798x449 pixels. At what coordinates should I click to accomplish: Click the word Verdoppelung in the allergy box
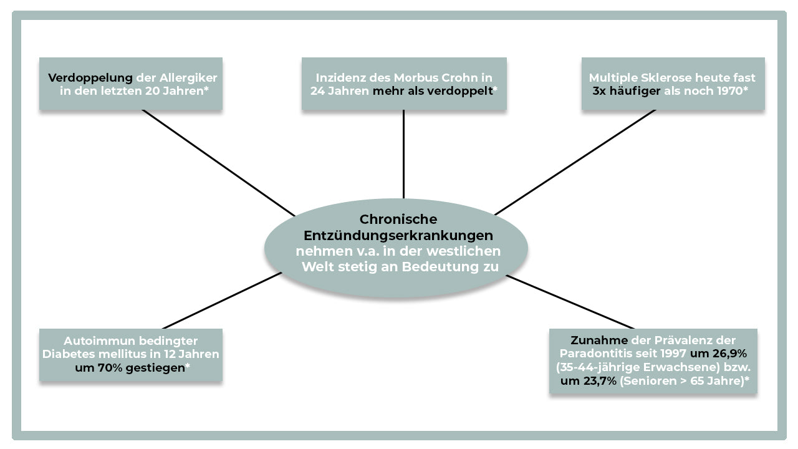click(x=90, y=79)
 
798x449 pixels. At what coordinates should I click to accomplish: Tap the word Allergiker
click(x=188, y=79)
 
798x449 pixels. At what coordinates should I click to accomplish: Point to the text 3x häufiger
click(x=627, y=92)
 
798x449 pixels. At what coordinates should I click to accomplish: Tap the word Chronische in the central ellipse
click(x=398, y=219)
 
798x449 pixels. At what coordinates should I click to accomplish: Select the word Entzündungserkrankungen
click(x=398, y=236)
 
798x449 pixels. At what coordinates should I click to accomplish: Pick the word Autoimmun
click(x=99, y=341)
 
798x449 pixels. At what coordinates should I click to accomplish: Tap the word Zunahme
click(x=599, y=340)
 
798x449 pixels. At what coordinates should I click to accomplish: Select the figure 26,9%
click(x=729, y=354)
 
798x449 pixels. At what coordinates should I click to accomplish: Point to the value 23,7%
click(x=600, y=381)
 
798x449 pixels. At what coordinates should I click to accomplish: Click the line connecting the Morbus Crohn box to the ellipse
click(x=403, y=154)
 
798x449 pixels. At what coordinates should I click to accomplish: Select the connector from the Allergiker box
click(x=219, y=163)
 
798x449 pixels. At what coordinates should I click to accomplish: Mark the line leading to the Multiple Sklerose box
click(x=575, y=162)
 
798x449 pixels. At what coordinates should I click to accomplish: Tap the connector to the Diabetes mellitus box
click(x=222, y=301)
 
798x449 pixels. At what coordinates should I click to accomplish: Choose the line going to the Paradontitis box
click(x=570, y=302)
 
